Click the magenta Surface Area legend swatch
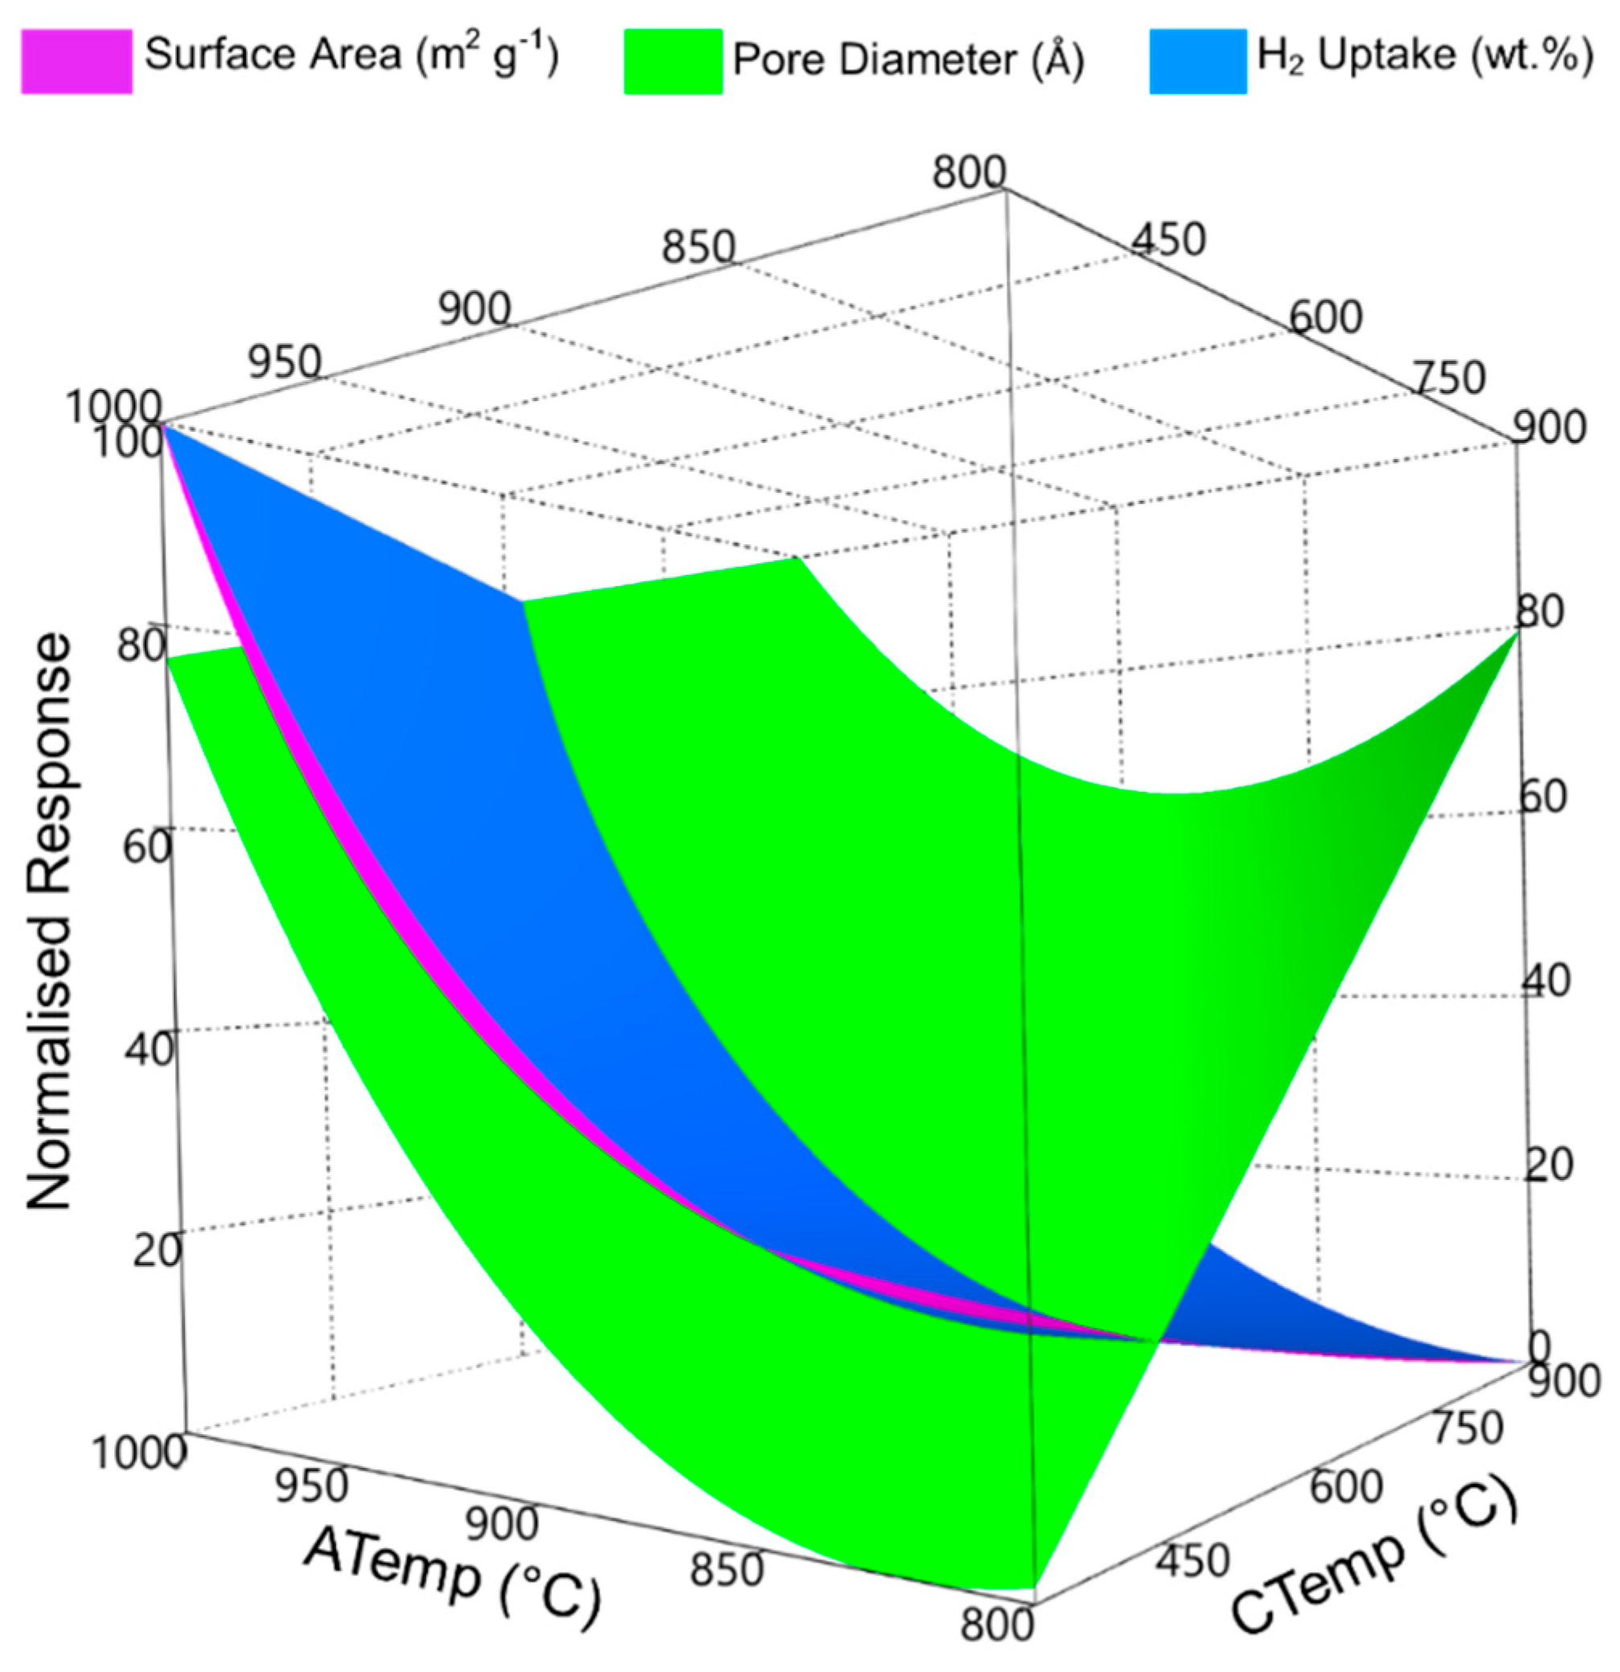(76, 60)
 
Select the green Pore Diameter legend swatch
(672, 60)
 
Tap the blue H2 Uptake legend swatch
(1197, 60)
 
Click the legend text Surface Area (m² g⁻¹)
(351, 55)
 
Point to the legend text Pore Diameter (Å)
(908, 59)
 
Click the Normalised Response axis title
(48, 920)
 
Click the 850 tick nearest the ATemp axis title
(726, 1569)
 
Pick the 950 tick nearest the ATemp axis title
(312, 1486)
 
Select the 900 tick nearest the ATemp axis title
(503, 1523)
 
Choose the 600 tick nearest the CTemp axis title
(1345, 1486)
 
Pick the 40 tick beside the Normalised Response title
(150, 1047)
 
